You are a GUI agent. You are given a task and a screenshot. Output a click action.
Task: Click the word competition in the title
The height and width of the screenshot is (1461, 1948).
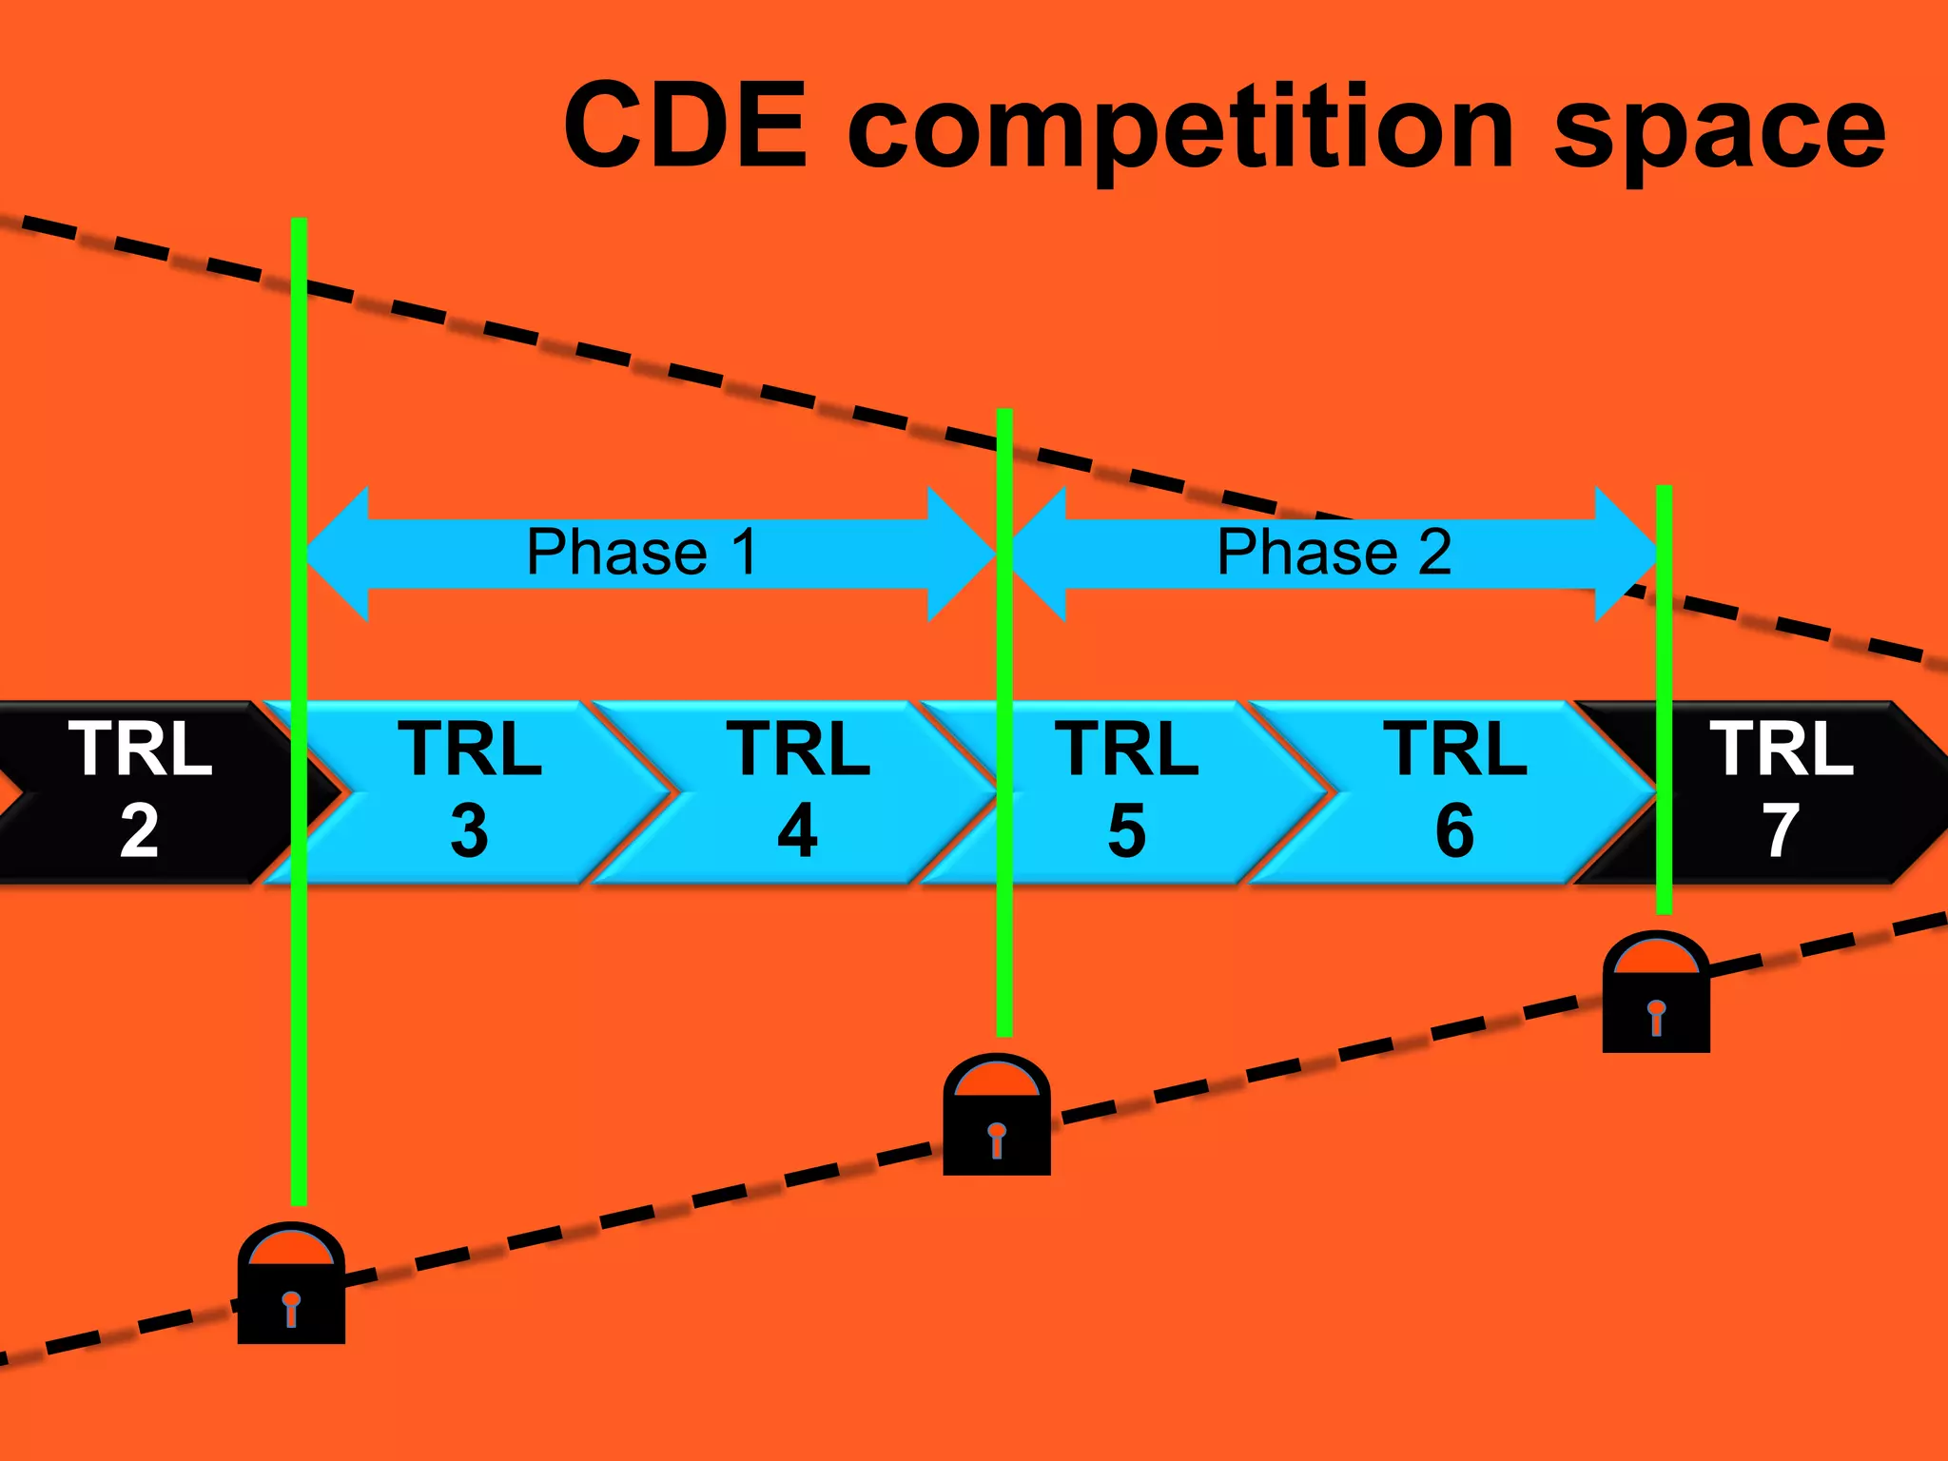pyautogui.click(x=1179, y=128)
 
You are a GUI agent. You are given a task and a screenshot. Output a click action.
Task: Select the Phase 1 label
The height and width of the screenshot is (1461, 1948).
pyautogui.click(x=642, y=552)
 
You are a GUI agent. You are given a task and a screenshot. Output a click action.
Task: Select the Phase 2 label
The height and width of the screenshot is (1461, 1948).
pyautogui.click(x=1334, y=552)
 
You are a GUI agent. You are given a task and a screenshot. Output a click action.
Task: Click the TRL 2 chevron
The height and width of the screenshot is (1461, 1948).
pyautogui.click(x=140, y=791)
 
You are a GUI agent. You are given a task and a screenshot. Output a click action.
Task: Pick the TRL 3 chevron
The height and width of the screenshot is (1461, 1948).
pyautogui.click(x=469, y=791)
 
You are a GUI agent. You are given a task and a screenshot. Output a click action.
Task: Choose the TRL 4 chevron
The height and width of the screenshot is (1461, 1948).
pyautogui.click(x=797, y=791)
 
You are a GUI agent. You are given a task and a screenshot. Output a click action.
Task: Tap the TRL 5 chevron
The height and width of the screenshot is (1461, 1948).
pyautogui.click(x=1126, y=791)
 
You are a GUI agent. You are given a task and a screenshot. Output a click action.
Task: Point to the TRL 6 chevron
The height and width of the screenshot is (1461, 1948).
pyautogui.click(x=1454, y=791)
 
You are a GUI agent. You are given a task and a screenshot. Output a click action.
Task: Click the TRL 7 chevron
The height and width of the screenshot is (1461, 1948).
pyautogui.click(x=1782, y=791)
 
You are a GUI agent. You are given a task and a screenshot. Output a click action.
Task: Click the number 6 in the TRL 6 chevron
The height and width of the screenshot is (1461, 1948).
pyautogui.click(x=1454, y=831)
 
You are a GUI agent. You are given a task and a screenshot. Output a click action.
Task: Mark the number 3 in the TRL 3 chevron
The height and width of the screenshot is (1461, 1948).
pyautogui.click(x=469, y=831)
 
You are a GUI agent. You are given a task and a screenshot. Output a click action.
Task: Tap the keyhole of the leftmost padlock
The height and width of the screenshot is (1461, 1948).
pyautogui.click(x=291, y=1308)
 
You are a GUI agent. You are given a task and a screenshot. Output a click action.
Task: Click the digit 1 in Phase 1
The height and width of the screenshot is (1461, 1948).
pyautogui.click(x=745, y=552)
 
